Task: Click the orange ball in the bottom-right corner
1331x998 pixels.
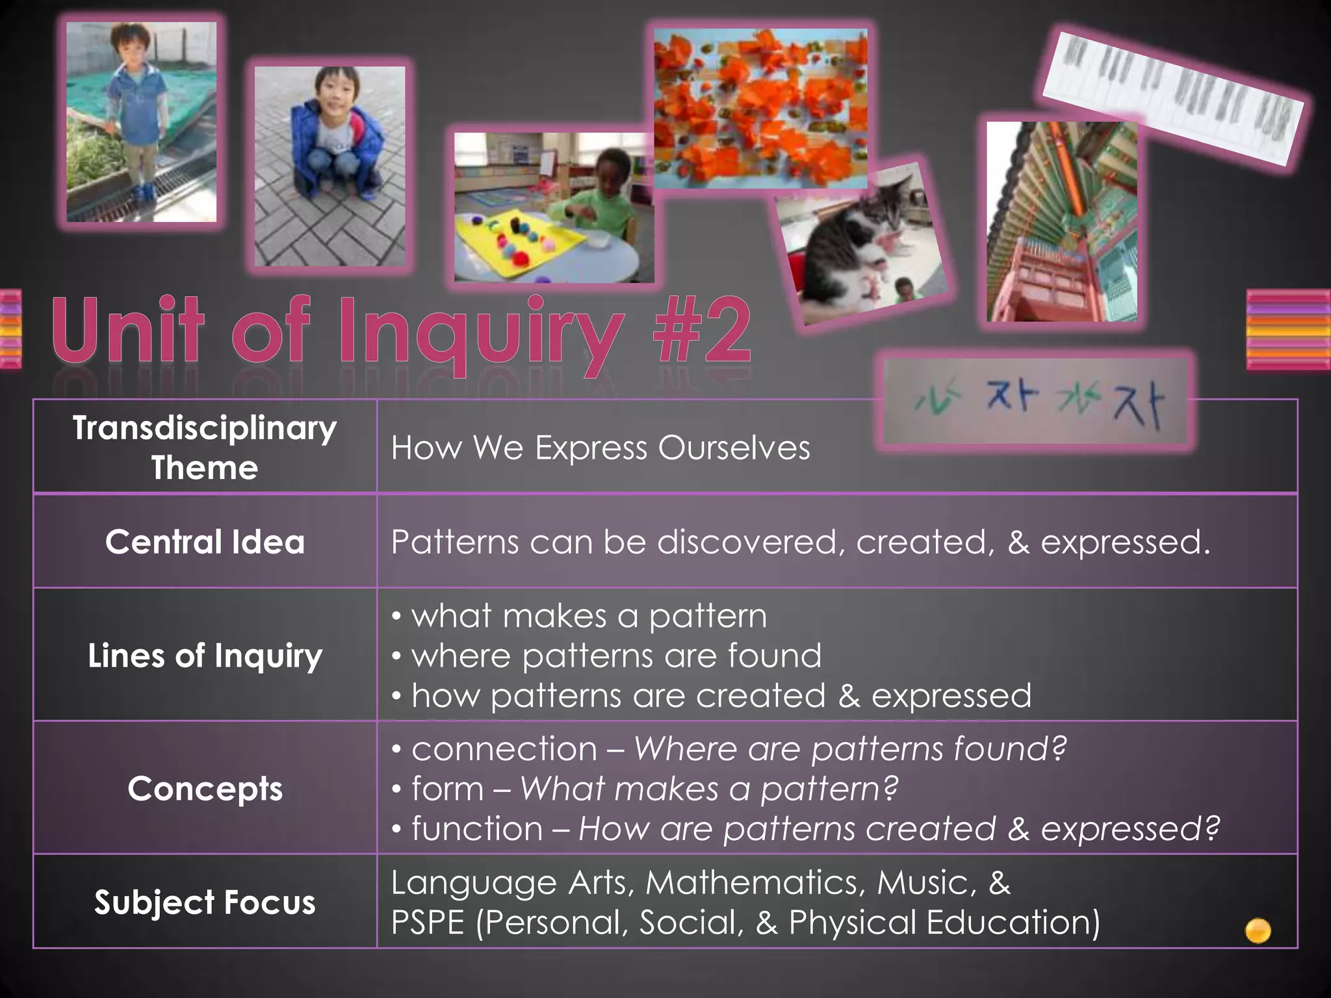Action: [x=1258, y=930]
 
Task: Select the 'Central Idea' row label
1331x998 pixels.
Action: [x=205, y=542]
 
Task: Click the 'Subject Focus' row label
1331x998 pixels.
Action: [x=205, y=902]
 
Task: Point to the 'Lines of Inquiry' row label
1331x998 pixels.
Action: [x=205, y=655]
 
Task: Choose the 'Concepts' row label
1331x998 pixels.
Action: [x=205, y=789]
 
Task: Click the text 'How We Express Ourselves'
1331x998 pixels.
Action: [x=601, y=448]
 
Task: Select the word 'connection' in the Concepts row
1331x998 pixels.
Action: [x=504, y=748]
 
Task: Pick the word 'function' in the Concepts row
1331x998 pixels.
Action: [x=477, y=828]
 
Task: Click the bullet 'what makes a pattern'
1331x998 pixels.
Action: [x=588, y=615]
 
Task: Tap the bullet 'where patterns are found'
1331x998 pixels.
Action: [x=615, y=655]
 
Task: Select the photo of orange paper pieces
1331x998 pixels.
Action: [x=760, y=107]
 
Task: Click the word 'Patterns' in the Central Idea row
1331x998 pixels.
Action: [x=454, y=542]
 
